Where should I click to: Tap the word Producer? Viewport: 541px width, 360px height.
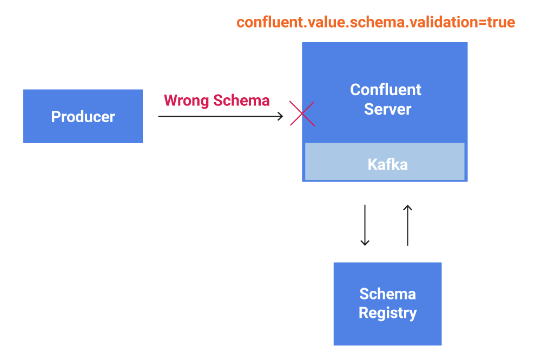pyautogui.click(x=83, y=117)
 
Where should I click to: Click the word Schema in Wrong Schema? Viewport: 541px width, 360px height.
pyautogui.click(x=241, y=101)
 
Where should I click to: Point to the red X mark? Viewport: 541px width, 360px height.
pyautogui.click(x=302, y=114)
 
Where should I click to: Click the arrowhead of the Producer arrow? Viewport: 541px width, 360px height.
pyautogui.click(x=280, y=116)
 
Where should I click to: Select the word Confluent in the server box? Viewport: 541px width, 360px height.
pyautogui.click(x=385, y=90)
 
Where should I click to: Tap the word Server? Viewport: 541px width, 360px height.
pyautogui.click(x=387, y=109)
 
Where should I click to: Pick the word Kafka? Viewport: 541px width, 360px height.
pyautogui.click(x=387, y=164)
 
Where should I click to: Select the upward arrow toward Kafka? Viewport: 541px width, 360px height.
pyautogui.click(x=408, y=225)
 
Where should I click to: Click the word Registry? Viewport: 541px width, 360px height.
pyautogui.click(x=387, y=313)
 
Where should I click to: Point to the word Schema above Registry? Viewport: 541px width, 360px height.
pyautogui.click(x=387, y=294)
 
